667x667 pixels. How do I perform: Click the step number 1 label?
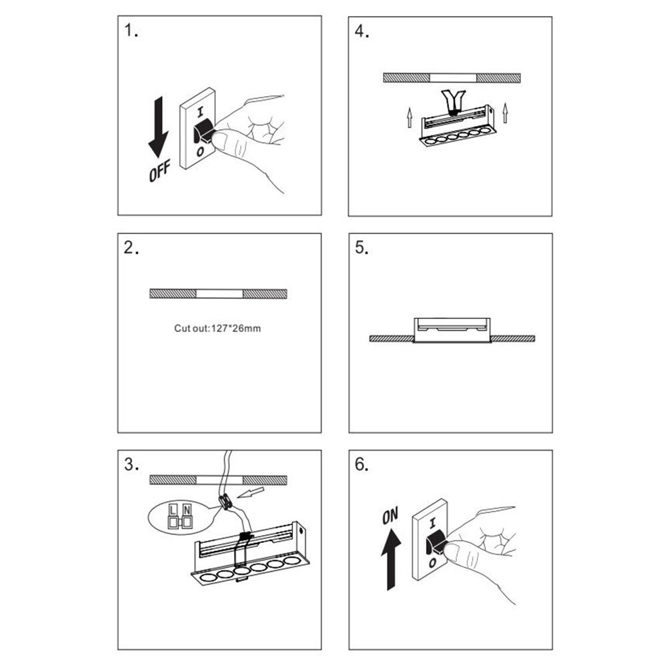click(x=131, y=31)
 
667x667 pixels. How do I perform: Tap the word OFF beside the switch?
click(x=160, y=171)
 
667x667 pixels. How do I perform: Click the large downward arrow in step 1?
click(x=158, y=127)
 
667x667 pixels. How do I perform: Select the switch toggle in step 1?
click(x=202, y=131)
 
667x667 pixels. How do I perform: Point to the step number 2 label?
click(x=131, y=248)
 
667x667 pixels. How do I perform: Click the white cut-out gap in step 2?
click(x=219, y=293)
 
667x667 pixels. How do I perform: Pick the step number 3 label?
click(x=131, y=465)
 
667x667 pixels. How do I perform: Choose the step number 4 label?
click(x=362, y=31)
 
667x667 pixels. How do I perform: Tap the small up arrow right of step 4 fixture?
click(x=505, y=113)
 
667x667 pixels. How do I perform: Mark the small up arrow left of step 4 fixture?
click(x=410, y=118)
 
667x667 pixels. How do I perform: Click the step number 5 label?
click(x=362, y=248)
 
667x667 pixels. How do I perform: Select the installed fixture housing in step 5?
click(x=452, y=330)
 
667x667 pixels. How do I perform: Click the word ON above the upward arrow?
click(x=390, y=515)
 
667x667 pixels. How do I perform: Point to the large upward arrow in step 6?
click(x=390, y=557)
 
